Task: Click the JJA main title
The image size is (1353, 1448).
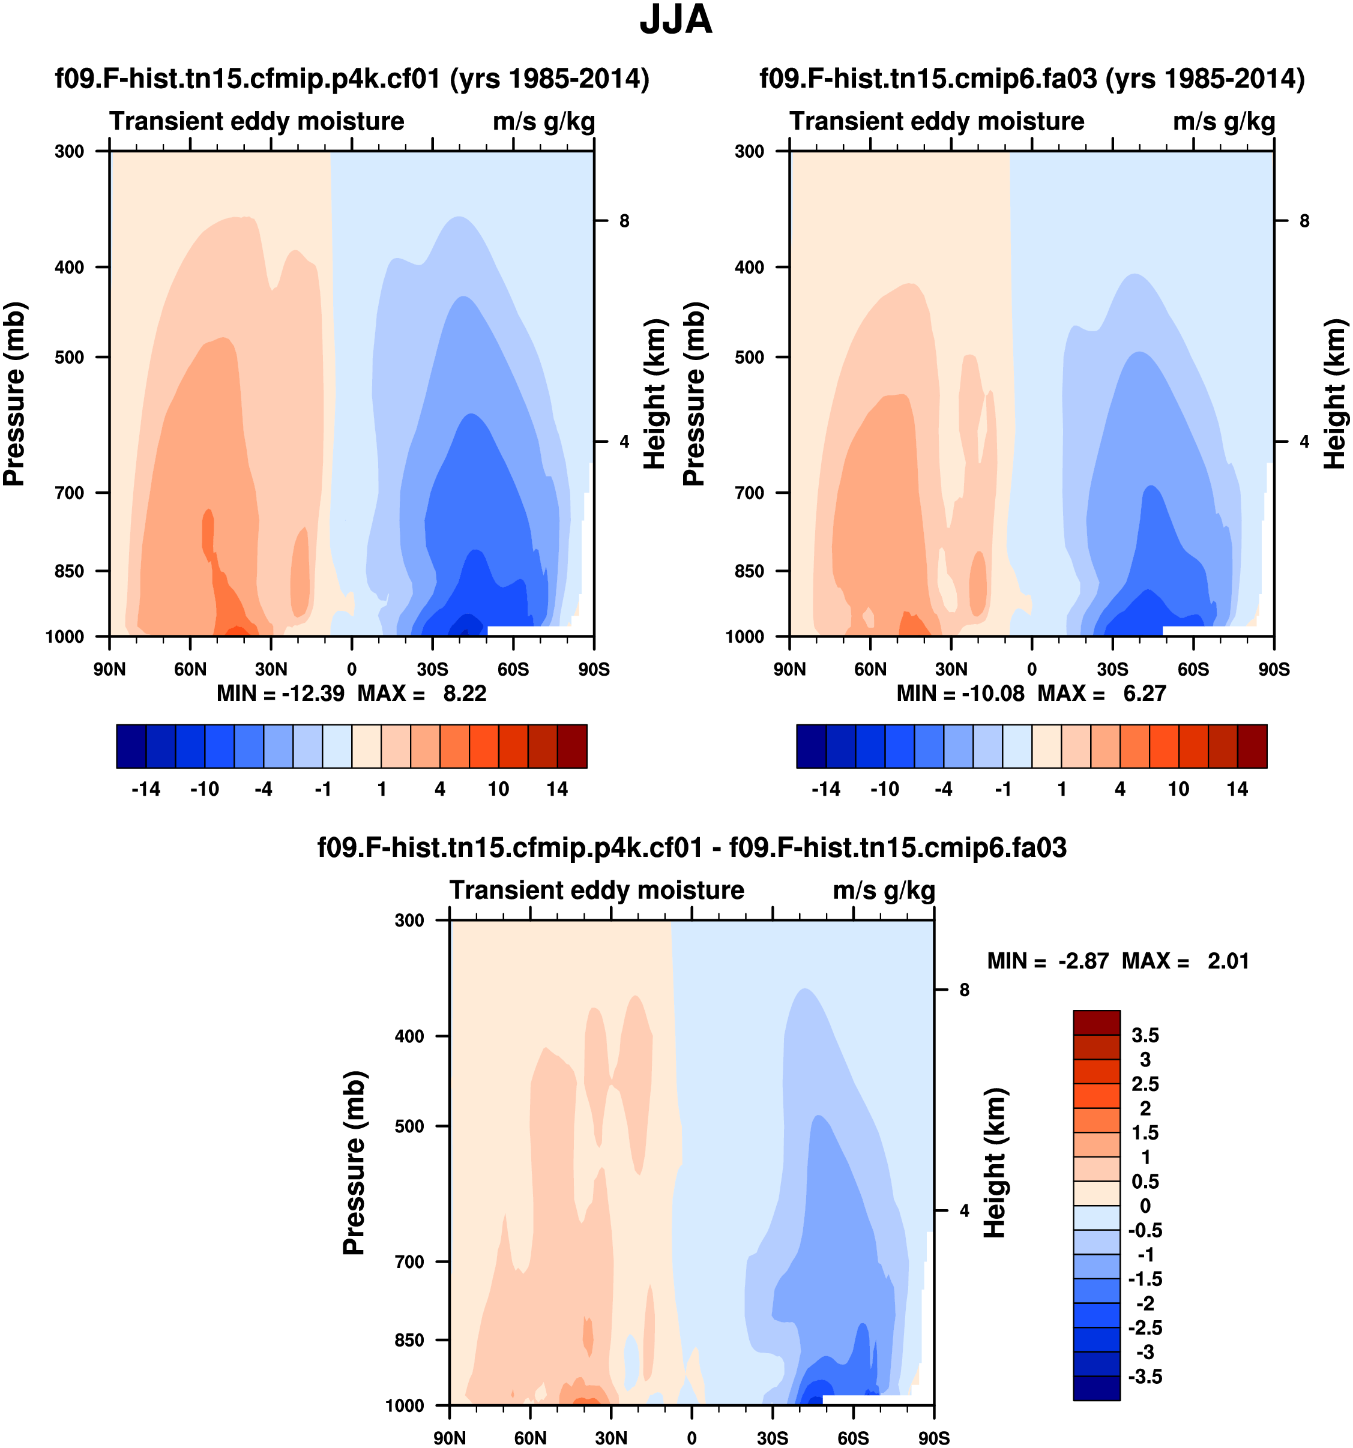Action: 675,20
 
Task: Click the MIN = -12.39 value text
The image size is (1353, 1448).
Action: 280,694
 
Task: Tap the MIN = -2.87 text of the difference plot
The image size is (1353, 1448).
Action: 1047,961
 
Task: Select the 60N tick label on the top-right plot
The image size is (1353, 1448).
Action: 870,669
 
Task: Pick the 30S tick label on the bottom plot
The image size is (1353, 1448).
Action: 773,1438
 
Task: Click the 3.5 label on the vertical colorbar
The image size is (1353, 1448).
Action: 1145,1036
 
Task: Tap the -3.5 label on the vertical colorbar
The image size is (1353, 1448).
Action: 1145,1377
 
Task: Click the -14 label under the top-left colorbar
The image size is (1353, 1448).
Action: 146,790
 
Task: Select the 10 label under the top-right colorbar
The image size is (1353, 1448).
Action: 1179,790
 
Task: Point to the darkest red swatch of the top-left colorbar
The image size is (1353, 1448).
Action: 572,747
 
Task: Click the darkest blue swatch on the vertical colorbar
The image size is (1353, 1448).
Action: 1096,1387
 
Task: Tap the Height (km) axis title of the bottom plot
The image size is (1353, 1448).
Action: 995,1163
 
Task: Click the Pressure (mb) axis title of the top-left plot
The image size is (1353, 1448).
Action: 14,394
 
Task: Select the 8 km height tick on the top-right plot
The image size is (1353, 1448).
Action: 1304,221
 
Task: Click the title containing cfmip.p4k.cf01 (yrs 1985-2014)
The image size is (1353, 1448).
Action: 352,79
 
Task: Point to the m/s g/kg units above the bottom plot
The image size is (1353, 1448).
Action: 884,891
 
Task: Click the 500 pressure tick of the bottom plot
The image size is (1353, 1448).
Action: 409,1126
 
